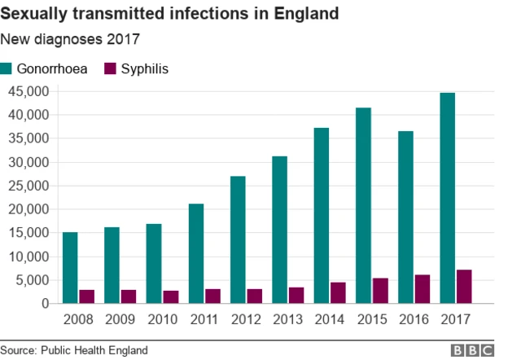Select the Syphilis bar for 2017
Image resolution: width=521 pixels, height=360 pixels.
tap(463, 287)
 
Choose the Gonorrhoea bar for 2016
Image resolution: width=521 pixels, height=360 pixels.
tap(405, 217)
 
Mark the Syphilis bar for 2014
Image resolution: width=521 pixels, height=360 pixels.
tap(338, 293)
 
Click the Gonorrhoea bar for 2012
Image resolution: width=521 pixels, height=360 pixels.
tap(238, 239)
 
